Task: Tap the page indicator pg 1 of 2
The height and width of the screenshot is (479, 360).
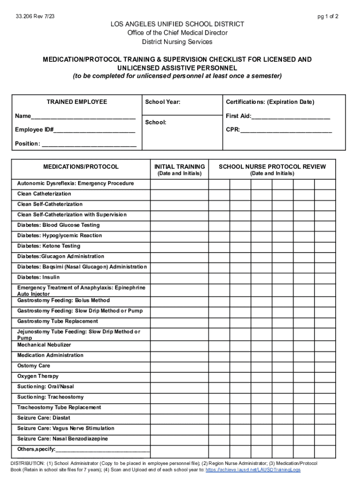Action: (328, 16)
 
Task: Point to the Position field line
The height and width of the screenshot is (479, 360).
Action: (89, 145)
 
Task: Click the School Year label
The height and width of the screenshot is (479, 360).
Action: (163, 102)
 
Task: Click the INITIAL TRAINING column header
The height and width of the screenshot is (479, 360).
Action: (180, 167)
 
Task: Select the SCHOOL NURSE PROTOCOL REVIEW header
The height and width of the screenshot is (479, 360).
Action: (272, 167)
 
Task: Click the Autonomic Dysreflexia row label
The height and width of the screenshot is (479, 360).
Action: (75, 183)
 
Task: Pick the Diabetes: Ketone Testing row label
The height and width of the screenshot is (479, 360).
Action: (49, 246)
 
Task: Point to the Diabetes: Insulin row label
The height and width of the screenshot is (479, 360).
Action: (38, 277)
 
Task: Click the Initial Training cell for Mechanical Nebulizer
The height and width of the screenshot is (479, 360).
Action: (180, 345)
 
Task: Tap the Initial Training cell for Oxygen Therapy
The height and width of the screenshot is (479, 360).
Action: (180, 377)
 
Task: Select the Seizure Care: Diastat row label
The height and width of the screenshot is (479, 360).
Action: (44, 418)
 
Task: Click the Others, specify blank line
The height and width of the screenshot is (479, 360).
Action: (103, 450)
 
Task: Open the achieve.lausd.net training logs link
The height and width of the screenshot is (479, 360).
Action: (253, 470)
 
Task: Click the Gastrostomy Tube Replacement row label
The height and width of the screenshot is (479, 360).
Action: (58, 321)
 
